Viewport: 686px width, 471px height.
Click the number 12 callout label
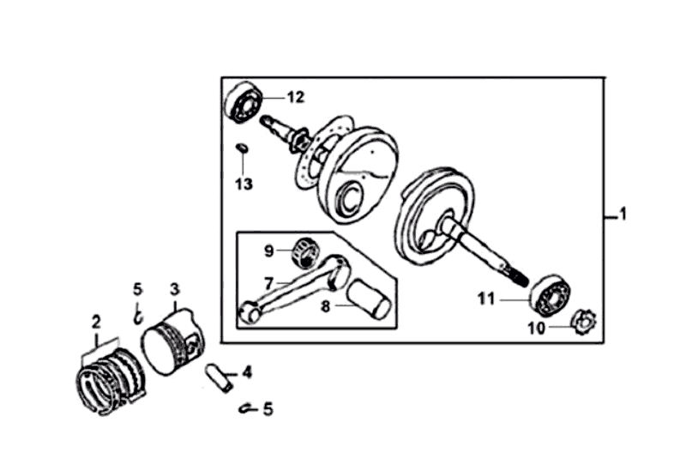click(294, 98)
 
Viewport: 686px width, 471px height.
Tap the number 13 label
click(244, 184)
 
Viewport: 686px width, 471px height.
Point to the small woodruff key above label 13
click(243, 149)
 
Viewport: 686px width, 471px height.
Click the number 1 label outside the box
click(623, 214)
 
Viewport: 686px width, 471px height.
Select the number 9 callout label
click(268, 251)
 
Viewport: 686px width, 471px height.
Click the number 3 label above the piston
click(174, 289)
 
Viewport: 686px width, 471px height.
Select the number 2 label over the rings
click(96, 323)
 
